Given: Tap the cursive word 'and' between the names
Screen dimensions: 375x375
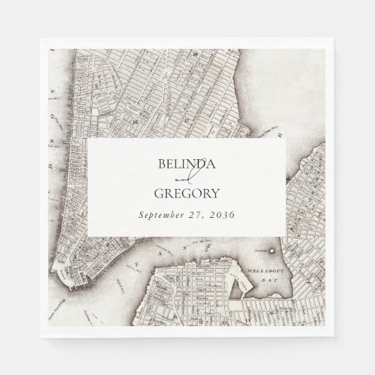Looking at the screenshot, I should (187, 180).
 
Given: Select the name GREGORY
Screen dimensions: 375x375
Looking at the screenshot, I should (187, 193).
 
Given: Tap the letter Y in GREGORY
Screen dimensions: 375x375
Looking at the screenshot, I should (215, 193).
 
